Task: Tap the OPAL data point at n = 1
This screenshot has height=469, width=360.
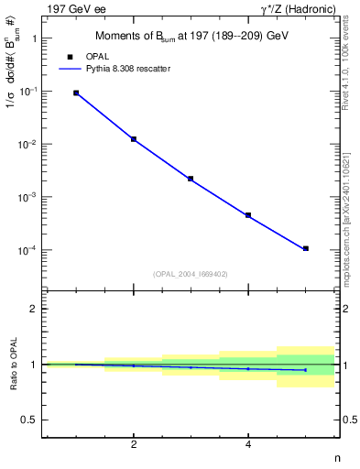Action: click(76, 93)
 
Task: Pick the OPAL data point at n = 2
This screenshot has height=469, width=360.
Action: click(134, 139)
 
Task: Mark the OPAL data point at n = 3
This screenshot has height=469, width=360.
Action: click(191, 179)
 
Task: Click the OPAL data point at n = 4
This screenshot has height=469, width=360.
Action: click(248, 215)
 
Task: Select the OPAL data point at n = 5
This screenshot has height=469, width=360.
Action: click(306, 248)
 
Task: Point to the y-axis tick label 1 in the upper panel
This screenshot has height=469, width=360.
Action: click(34, 39)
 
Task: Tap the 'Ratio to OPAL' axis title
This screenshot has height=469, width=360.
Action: click(12, 365)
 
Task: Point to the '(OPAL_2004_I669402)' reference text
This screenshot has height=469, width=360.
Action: click(190, 273)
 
